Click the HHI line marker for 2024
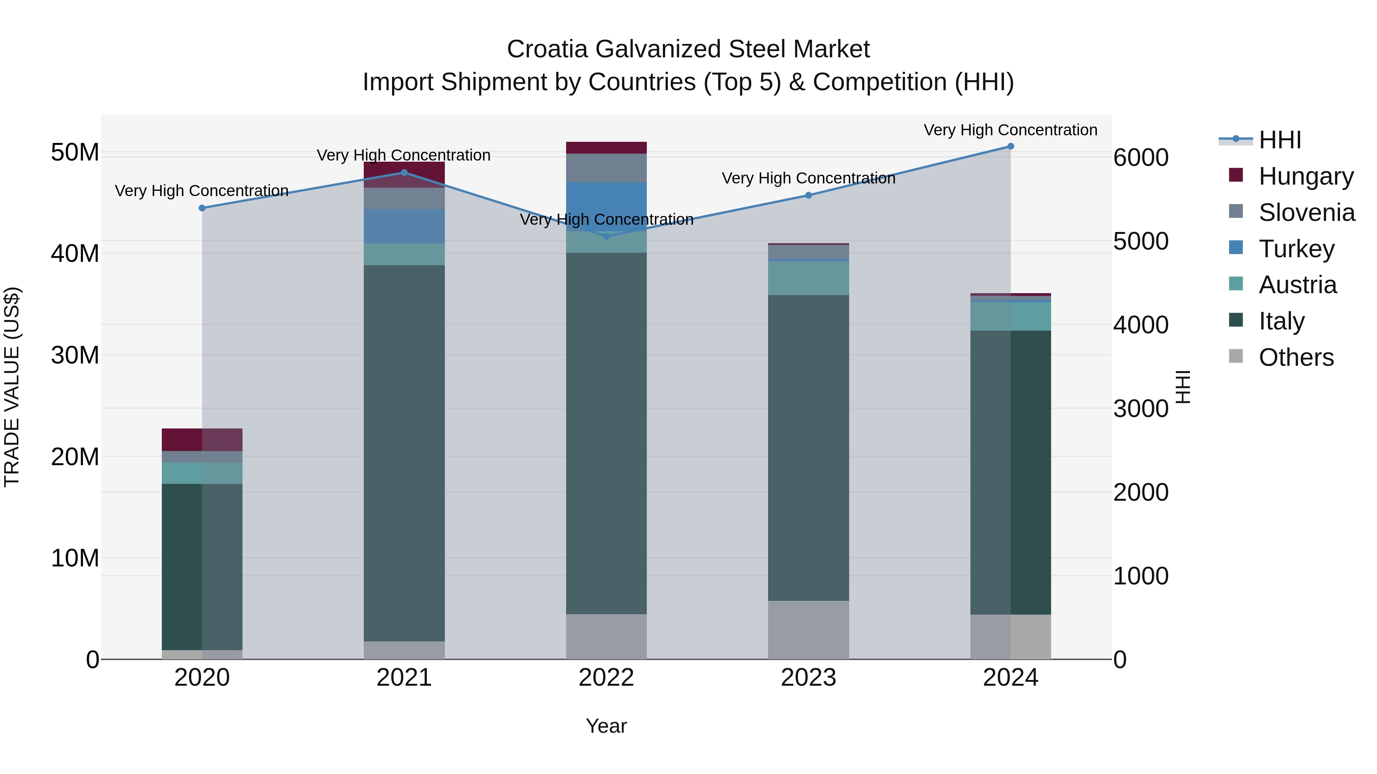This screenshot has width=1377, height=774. tap(1010, 146)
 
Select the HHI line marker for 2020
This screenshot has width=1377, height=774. tap(202, 208)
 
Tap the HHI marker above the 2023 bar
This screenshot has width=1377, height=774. tap(808, 195)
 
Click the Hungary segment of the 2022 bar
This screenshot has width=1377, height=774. tap(606, 148)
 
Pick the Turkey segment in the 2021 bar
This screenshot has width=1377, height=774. tap(404, 227)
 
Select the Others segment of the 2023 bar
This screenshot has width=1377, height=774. tap(808, 630)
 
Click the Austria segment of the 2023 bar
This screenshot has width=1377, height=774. tap(808, 278)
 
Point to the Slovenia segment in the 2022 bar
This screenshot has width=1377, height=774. tap(606, 168)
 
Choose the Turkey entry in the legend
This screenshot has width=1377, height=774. tap(1296, 249)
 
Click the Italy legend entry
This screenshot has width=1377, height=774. tap(1281, 321)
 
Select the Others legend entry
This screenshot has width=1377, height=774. tap(1296, 357)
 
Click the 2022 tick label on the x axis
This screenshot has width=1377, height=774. tap(606, 678)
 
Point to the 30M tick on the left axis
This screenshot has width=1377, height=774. tap(75, 355)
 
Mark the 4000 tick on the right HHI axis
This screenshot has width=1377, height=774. tap(1141, 325)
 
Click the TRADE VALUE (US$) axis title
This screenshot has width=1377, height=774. tap(12, 387)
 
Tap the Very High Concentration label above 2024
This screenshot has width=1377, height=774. tap(1010, 130)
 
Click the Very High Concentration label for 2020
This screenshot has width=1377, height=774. tap(202, 191)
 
